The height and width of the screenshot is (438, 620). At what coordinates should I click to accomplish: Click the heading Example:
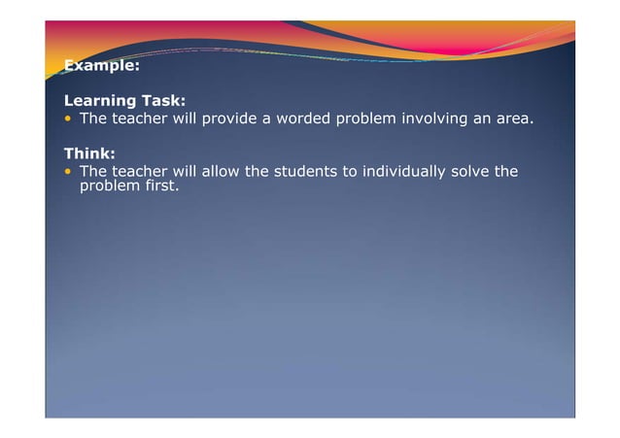[101, 66]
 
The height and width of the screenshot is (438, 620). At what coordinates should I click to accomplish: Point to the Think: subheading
[89, 152]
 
